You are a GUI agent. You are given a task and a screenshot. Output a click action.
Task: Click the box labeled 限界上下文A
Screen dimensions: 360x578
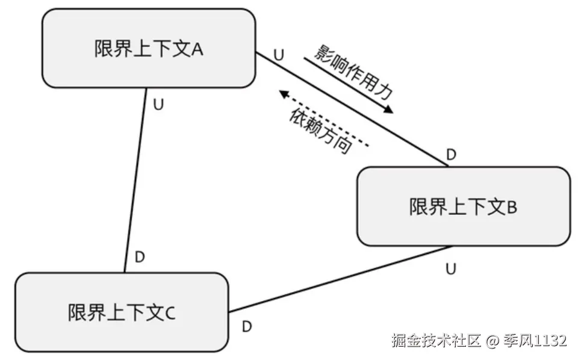[148, 48]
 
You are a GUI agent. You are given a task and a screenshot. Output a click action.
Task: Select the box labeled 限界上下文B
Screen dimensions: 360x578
[463, 206]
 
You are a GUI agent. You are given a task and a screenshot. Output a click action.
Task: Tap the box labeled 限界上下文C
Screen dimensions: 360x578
[121, 312]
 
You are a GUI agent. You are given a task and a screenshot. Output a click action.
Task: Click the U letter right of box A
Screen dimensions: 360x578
[278, 54]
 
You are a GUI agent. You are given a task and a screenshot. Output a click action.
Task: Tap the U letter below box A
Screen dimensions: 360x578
[158, 104]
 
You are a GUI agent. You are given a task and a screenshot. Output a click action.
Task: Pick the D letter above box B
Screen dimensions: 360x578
[451, 155]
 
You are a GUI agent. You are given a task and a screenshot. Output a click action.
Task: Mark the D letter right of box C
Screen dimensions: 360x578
[246, 327]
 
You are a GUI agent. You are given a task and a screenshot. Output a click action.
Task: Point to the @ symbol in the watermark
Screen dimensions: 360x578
[493, 341]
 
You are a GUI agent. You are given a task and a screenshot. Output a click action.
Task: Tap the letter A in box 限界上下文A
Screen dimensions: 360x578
[197, 49]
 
